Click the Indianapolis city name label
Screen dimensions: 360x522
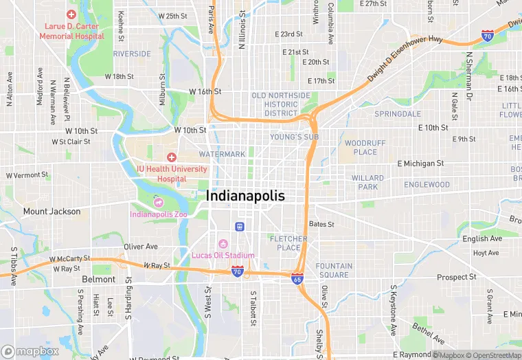pyautogui.click(x=245, y=196)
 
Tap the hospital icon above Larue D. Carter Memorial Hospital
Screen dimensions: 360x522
pyautogui.click(x=71, y=14)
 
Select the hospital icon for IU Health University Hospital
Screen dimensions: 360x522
pyautogui.click(x=172, y=158)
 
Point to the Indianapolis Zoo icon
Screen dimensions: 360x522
pyautogui.click(x=159, y=203)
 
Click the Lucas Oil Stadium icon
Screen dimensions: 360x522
pyautogui.click(x=223, y=245)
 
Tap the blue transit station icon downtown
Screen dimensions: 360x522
pyautogui.click(x=240, y=226)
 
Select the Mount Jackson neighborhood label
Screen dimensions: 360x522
pyautogui.click(x=52, y=212)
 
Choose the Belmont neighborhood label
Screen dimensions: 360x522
pyautogui.click(x=99, y=280)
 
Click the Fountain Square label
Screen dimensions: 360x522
pyautogui.click(x=334, y=271)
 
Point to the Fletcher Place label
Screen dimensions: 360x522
pyautogui.click(x=288, y=243)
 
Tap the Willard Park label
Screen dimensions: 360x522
pyautogui.click(x=367, y=182)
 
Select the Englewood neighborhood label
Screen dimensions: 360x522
pyautogui.click(x=427, y=185)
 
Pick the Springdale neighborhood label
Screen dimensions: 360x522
pyautogui.click(x=398, y=113)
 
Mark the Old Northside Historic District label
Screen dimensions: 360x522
pyautogui.click(x=281, y=104)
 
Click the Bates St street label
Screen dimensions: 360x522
pyautogui.click(x=321, y=224)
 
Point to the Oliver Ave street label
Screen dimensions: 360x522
pyautogui.click(x=141, y=247)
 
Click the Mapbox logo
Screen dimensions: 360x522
pyautogui.click(x=30, y=351)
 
